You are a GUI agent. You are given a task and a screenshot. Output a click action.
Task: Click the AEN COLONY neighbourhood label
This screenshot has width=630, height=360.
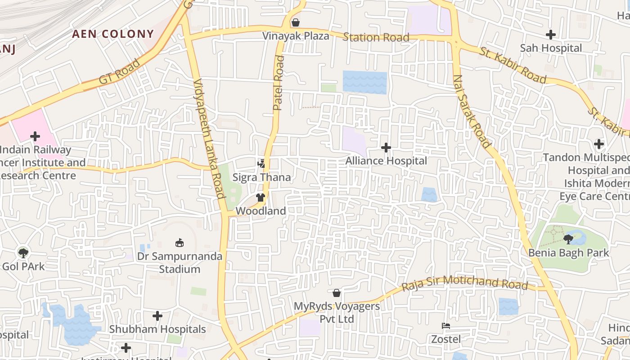click(x=113, y=34)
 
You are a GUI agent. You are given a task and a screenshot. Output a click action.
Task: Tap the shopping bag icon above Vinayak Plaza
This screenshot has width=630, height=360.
click(x=296, y=22)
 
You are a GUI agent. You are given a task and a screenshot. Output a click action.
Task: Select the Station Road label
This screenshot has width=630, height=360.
click(x=376, y=37)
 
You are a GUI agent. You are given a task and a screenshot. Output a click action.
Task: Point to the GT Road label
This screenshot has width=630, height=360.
click(x=119, y=72)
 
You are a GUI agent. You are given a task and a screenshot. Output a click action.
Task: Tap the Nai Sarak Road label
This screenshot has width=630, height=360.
click(x=472, y=112)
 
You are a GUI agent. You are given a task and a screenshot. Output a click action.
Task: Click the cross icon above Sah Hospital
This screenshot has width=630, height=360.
click(x=550, y=35)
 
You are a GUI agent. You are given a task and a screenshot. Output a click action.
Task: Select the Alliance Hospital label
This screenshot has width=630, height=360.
click(x=386, y=161)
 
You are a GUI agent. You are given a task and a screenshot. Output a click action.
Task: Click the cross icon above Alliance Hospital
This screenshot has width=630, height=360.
click(x=386, y=148)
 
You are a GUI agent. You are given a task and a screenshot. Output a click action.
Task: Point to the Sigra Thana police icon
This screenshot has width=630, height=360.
click(x=261, y=164)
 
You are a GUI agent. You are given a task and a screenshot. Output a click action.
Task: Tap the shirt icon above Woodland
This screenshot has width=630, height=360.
click(x=260, y=198)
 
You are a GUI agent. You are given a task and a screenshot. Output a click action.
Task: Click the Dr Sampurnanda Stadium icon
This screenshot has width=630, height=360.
click(x=180, y=243)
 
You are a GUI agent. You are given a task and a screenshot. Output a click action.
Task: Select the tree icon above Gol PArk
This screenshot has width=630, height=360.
click(x=23, y=253)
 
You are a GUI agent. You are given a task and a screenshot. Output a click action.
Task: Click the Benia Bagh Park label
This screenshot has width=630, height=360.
click(x=568, y=252)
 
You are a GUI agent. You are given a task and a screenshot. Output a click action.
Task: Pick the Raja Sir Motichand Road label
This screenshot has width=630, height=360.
click(x=464, y=283)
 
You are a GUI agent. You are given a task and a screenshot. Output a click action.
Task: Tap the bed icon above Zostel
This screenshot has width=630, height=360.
click(x=446, y=325)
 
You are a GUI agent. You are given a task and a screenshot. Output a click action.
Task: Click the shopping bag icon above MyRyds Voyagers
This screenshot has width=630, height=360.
click(x=336, y=293)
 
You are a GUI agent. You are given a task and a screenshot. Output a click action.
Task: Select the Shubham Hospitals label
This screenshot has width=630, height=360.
click(x=157, y=329)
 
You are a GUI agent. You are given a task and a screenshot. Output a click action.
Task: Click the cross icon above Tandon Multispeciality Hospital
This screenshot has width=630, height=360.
click(x=598, y=144)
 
